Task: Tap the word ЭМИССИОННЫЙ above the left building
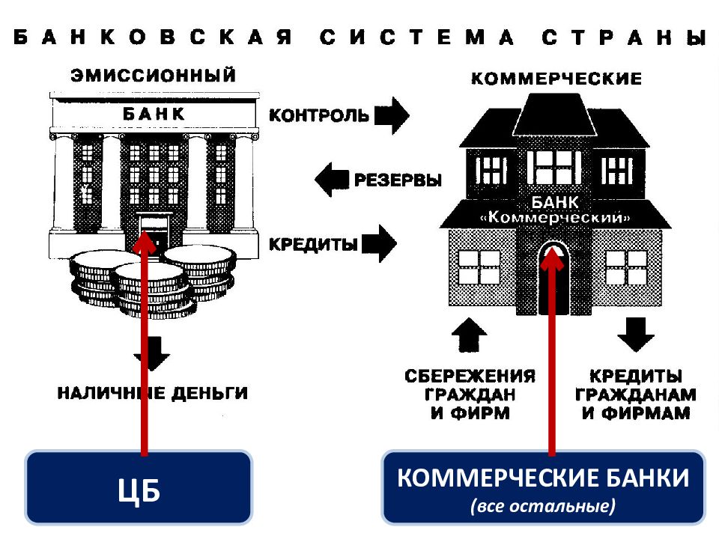(153, 75)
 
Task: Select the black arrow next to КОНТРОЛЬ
(392, 115)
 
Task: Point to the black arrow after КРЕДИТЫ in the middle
(379, 243)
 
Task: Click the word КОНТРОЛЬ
(319, 115)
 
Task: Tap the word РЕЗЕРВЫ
(398, 180)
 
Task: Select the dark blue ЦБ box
(139, 487)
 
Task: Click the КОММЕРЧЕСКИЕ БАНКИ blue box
(543, 487)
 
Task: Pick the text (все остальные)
(543, 507)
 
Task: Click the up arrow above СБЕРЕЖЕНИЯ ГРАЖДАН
(469, 335)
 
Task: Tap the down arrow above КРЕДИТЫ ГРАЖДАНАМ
(636, 335)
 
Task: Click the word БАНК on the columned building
(154, 114)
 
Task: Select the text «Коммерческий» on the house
(555, 217)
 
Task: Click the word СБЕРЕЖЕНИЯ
(470, 377)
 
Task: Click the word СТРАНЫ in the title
(624, 37)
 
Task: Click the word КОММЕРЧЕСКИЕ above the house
(556, 79)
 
